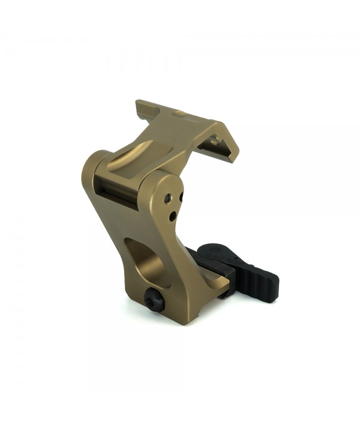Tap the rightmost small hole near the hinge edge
click(181, 196)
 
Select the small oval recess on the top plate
click(178, 113)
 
